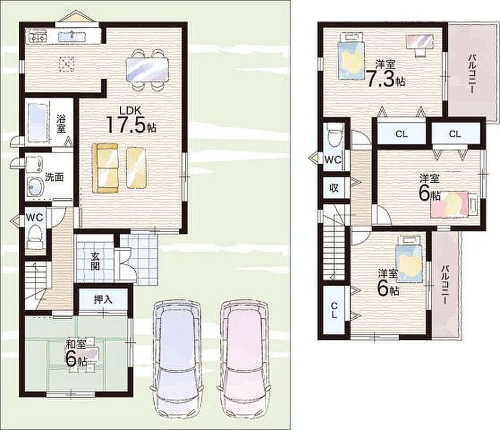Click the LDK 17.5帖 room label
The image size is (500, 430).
131,120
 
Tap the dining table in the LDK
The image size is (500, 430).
147,69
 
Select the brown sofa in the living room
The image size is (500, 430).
105,168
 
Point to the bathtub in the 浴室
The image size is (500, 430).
38,123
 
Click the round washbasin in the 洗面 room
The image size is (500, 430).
35,186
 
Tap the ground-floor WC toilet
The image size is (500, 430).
34,235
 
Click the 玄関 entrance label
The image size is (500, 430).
95,261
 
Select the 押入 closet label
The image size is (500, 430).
103,299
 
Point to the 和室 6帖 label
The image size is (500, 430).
76,354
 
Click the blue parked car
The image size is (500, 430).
177,359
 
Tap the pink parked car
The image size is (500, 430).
244,359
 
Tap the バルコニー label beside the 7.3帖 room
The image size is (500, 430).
472,74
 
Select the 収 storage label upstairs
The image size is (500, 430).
334,188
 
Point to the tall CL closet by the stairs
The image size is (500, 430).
334,310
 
